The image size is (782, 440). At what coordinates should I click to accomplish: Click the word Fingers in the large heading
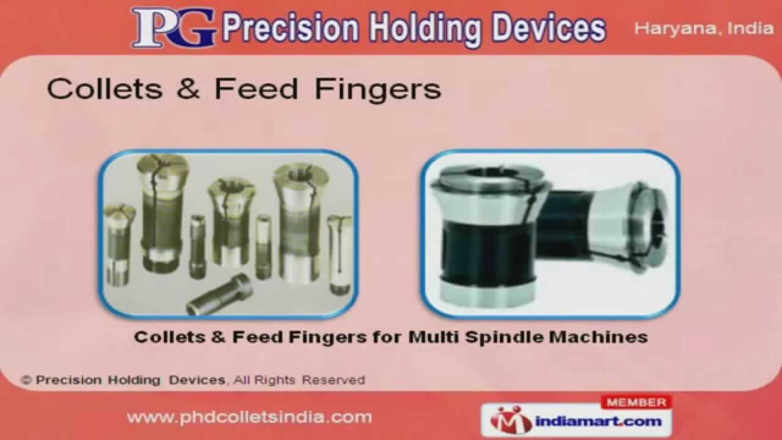(x=378, y=90)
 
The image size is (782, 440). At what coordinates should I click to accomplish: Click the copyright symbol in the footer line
(x=26, y=380)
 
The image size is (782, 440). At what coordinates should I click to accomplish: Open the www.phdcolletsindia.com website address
(x=249, y=417)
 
